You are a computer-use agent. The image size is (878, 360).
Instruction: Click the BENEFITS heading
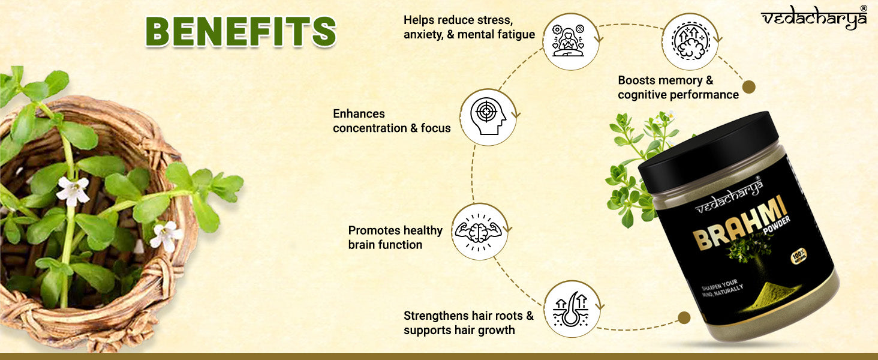[240, 31]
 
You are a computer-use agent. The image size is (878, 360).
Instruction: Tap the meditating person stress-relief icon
[569, 41]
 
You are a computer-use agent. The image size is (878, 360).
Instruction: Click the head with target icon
[488, 116]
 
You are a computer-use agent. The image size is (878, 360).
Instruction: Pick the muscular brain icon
[478, 232]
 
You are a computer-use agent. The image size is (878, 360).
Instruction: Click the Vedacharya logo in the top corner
[814, 18]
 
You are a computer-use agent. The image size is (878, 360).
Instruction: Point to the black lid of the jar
[708, 151]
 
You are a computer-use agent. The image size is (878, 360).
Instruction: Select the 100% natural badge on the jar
[799, 256]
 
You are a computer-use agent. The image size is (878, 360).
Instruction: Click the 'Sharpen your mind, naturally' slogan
[722, 288]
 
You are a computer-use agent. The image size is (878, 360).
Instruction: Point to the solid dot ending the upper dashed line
[748, 87]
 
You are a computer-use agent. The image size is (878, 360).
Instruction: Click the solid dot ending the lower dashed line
[684, 317]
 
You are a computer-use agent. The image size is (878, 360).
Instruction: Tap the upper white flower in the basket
[73, 191]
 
